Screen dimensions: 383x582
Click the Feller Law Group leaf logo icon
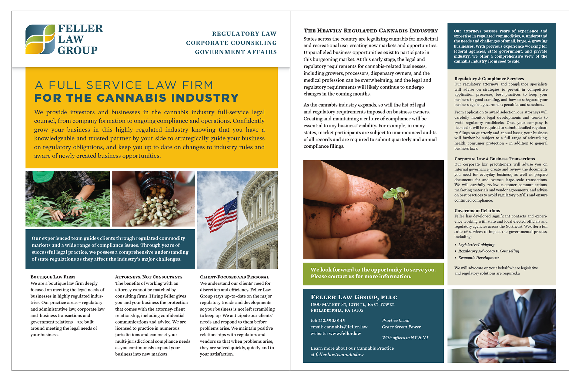[x=40, y=39]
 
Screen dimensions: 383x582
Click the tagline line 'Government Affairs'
[x=236, y=52]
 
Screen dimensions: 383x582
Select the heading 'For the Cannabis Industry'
[x=136, y=98]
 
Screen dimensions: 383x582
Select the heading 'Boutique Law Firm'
[x=52, y=277]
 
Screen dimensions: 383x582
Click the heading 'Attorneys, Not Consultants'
[x=149, y=277]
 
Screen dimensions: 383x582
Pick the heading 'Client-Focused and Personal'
[x=234, y=277]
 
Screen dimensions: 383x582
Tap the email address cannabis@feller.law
[x=346, y=327]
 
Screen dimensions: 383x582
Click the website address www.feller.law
[x=345, y=334]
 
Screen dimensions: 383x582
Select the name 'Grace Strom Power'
[x=401, y=327]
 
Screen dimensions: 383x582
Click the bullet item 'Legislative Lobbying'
[x=476, y=245]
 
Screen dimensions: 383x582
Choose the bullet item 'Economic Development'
[x=478, y=258]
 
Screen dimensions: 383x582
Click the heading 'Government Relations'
[x=477, y=211]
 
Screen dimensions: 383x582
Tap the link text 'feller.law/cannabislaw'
[x=339, y=354]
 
